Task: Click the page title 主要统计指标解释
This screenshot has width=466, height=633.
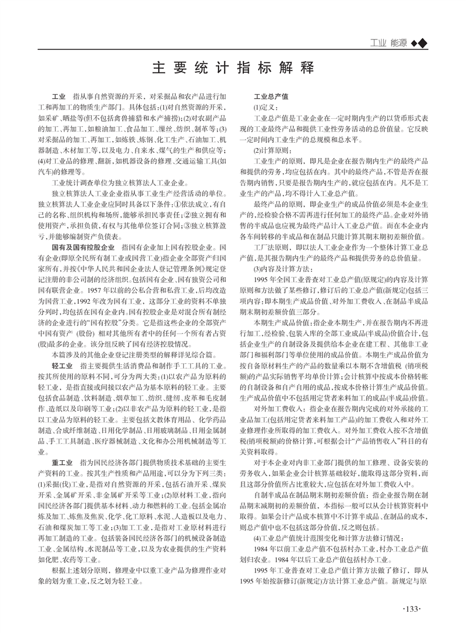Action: click(x=233, y=66)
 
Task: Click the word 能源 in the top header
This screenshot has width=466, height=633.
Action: click(x=398, y=42)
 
